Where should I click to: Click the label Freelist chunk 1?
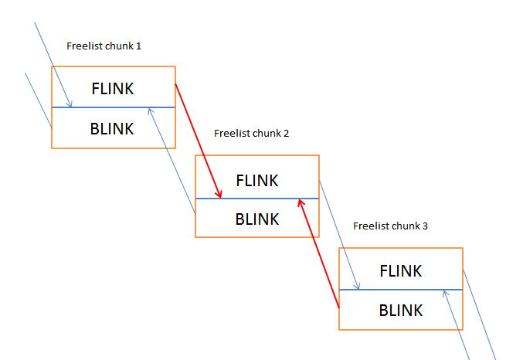[104, 46]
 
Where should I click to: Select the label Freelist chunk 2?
[252, 134]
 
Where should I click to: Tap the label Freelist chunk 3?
[390, 226]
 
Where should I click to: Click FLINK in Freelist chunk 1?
[113, 89]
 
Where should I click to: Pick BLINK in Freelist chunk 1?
[112, 129]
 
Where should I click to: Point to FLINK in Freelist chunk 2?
[256, 181]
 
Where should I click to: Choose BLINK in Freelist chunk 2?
[256, 219]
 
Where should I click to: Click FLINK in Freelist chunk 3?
[401, 271]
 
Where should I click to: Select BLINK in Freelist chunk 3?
[401, 311]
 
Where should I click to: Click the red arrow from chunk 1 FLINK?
[198, 141]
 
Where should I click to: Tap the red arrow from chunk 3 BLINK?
[319, 253]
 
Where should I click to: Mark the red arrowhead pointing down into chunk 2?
[219, 194]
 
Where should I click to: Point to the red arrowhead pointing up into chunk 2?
[301, 203]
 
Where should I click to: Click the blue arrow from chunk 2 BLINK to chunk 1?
[172, 161]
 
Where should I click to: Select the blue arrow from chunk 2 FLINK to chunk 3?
[339, 235]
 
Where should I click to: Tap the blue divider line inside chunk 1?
[114, 107]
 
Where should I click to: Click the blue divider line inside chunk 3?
[401, 290]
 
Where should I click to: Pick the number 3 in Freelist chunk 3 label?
[425, 226]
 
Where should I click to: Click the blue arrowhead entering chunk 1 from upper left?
[69, 104]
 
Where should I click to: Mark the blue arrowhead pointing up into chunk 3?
[446, 294]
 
